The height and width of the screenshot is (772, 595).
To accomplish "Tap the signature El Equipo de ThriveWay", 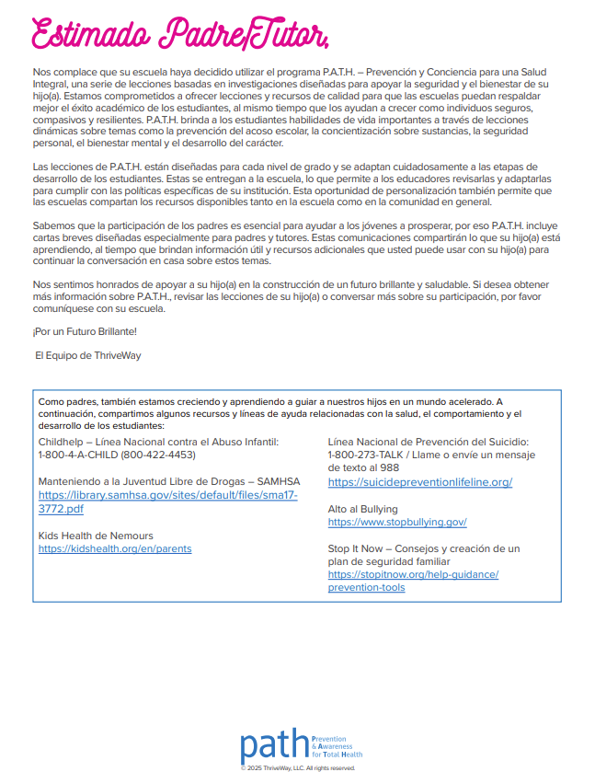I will point(88,353).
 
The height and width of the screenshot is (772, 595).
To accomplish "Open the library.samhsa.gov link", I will point(167,501).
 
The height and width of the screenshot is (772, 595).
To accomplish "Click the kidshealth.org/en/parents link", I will point(115,548).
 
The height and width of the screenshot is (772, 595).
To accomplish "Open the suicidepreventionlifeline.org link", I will point(419,482).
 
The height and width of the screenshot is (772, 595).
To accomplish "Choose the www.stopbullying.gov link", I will point(396,522).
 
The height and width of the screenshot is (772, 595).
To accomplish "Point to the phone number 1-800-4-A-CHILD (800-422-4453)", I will point(117,455).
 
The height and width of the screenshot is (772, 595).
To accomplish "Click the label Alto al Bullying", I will point(362,509).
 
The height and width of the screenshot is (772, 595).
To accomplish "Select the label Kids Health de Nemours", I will point(96,536).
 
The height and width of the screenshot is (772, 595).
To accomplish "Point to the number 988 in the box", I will point(390,468).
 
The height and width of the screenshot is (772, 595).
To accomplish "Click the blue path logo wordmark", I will point(274,746).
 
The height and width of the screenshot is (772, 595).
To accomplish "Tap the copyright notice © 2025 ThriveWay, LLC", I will point(297,767).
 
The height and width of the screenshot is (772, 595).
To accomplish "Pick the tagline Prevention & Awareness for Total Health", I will point(338,746).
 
